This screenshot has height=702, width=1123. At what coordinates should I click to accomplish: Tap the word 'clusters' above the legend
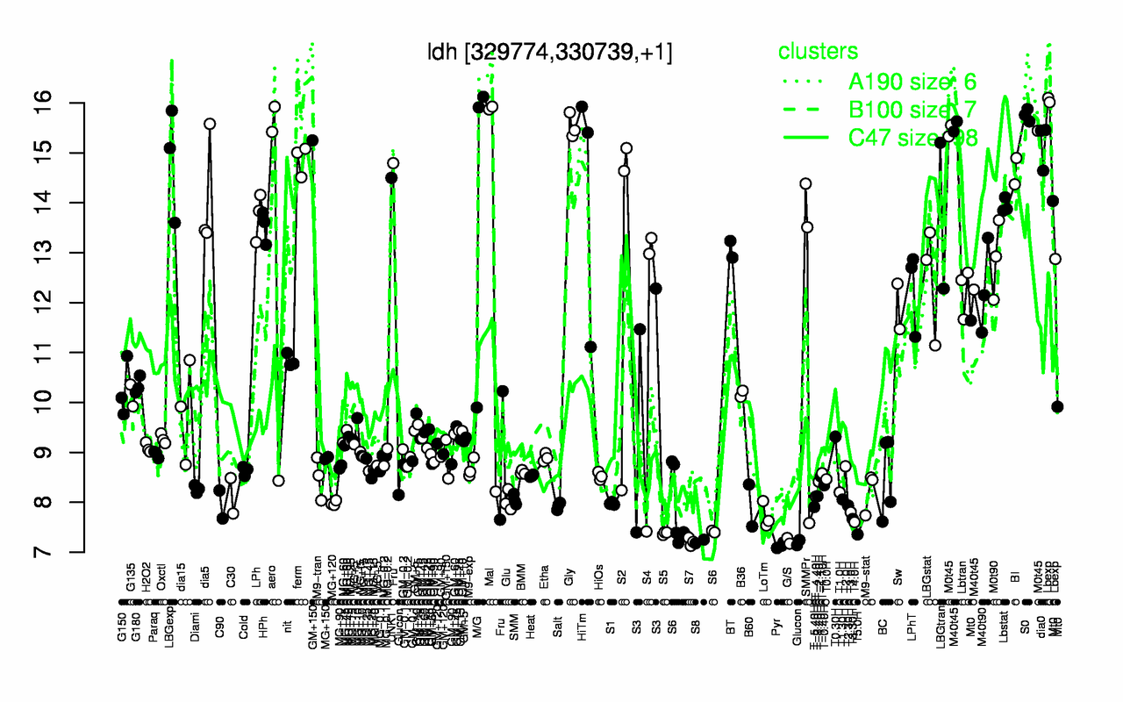[819, 53]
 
